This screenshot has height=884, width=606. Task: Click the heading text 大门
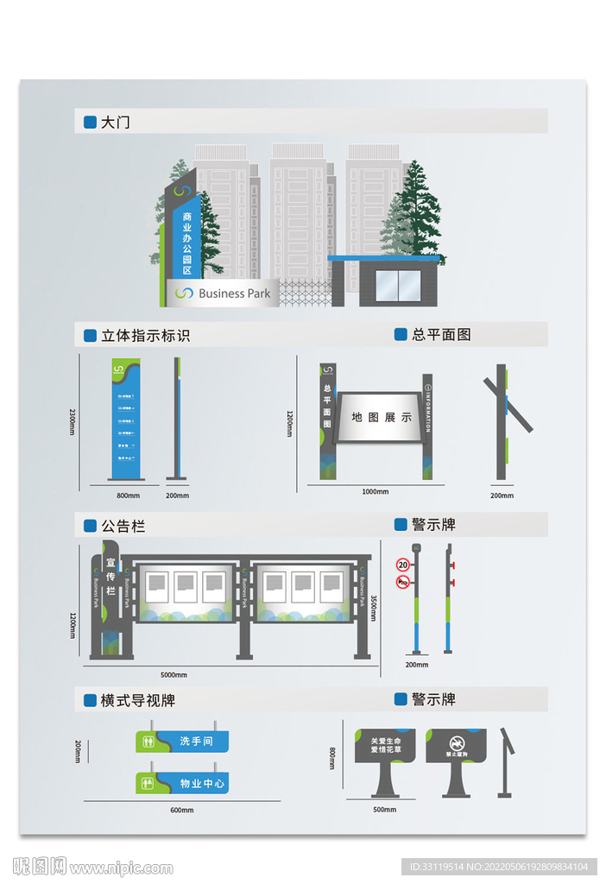115,123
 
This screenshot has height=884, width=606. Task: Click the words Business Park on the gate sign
234,294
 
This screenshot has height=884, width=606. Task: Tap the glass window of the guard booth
397,286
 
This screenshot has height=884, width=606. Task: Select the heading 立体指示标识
145,335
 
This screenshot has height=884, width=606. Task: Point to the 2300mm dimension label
73,421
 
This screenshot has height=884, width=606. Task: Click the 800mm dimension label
128,496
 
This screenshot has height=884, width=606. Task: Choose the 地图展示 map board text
382,418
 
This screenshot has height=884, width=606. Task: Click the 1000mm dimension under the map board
375,492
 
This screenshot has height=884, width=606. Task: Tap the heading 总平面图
441,334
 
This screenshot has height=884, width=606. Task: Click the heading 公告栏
121,526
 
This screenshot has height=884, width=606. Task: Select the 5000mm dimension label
174,674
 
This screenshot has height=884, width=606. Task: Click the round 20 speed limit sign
402,565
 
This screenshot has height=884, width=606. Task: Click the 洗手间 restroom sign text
196,741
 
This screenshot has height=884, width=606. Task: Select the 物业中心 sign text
203,784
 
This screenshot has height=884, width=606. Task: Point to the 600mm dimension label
181,810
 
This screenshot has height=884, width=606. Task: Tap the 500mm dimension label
384,810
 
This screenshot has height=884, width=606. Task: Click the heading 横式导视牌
138,700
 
